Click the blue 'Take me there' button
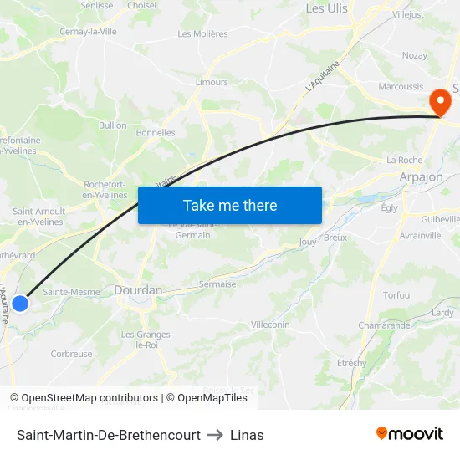tap(230, 205)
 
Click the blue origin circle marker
tap(19, 303)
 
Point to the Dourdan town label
tap(139, 290)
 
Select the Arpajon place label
tap(421, 177)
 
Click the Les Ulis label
tap(327, 8)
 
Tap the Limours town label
tap(212, 82)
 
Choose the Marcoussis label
tap(401, 86)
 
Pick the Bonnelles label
tap(156, 132)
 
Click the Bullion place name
tap(113, 125)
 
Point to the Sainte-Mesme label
tap(71, 292)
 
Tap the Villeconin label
tap(270, 324)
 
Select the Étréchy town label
tap(351, 363)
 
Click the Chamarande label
tap(384, 325)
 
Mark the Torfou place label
tap(396, 295)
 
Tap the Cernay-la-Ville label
tap(88, 31)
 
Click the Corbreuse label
tap(72, 354)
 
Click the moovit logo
tap(410, 434)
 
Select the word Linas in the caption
tap(247, 435)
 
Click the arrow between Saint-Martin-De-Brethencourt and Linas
tap(215, 435)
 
